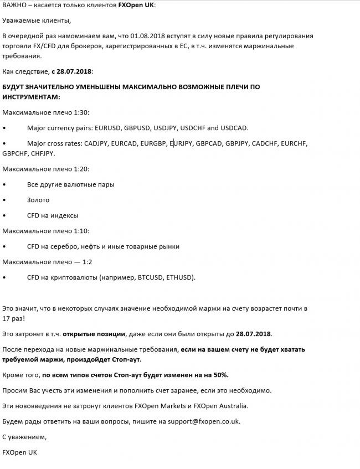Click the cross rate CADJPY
click(96, 143)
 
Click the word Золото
click(38, 200)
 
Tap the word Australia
click(231, 406)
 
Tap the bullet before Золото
click(4, 200)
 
